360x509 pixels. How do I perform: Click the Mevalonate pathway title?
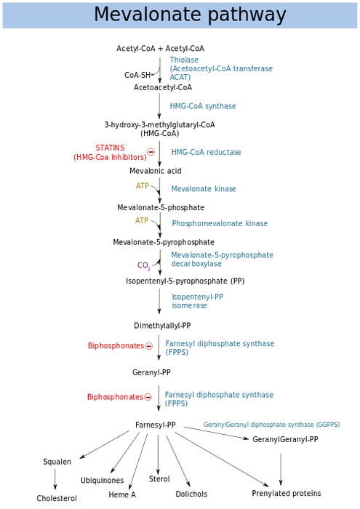click(190, 15)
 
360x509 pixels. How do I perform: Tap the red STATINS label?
click(110, 148)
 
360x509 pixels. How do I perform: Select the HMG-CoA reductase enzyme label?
click(206, 152)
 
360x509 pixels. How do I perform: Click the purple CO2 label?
click(144, 265)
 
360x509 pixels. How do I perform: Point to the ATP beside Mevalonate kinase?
click(143, 186)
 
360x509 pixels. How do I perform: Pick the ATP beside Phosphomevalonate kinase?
click(142, 220)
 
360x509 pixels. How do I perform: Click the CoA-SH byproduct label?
click(137, 75)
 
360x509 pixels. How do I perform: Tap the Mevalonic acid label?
click(156, 171)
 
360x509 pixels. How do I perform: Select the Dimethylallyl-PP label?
click(162, 326)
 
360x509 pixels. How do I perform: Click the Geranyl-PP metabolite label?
click(151, 372)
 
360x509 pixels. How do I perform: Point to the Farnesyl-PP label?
click(156, 425)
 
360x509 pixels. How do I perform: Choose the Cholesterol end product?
click(57, 498)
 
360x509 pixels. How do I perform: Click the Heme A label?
click(122, 494)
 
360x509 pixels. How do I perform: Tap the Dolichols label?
click(191, 494)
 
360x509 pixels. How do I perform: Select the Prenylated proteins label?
click(287, 494)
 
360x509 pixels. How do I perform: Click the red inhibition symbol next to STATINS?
click(151, 151)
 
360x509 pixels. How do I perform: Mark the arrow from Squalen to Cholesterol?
click(55, 479)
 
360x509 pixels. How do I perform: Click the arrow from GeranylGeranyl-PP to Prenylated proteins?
click(281, 469)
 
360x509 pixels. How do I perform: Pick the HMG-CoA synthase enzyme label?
click(203, 106)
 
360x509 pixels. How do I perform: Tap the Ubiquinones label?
click(103, 481)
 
